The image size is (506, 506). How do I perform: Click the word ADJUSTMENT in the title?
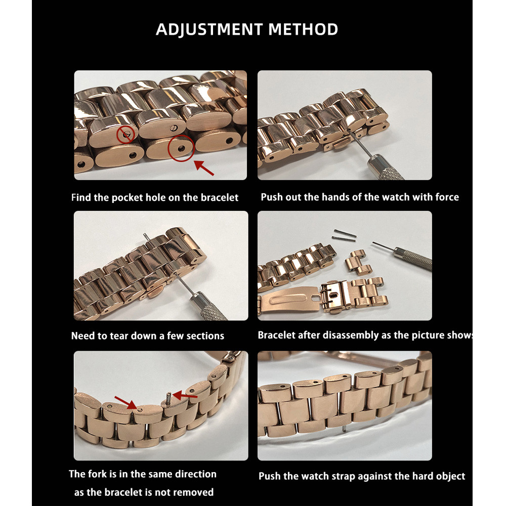(209, 29)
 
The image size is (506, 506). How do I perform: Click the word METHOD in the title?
(303, 29)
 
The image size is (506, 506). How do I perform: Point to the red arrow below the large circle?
(203, 168)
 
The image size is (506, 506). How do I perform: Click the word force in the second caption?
(447, 197)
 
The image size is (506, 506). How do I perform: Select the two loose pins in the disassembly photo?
(344, 235)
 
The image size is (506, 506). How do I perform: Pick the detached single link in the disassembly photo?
(358, 262)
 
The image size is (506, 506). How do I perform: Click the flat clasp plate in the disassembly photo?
(289, 300)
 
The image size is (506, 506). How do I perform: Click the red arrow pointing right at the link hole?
(126, 403)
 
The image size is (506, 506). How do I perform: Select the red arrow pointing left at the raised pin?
(185, 395)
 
